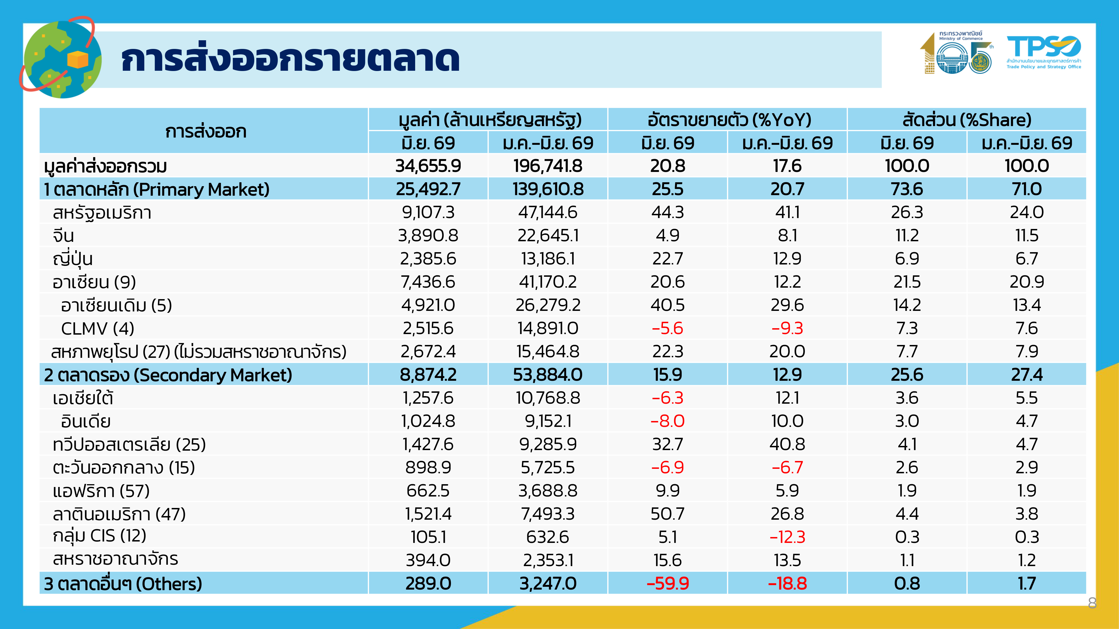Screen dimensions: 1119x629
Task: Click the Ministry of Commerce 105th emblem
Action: click(x=957, y=53)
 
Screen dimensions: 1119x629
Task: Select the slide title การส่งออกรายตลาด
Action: click(x=290, y=60)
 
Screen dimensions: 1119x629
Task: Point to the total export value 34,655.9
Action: click(x=428, y=166)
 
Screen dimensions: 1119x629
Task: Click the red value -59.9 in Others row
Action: click(x=668, y=583)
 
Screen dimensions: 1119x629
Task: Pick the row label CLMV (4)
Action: click(x=98, y=328)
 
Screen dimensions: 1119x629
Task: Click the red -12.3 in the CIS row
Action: click(x=787, y=537)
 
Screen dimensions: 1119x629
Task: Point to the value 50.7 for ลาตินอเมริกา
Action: click(x=668, y=514)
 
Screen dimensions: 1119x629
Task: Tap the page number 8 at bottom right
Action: click(x=1092, y=602)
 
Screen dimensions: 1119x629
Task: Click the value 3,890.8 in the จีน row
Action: click(x=428, y=235)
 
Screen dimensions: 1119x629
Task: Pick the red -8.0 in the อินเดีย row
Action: click(x=668, y=421)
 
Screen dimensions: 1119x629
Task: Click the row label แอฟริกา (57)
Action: click(x=101, y=491)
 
